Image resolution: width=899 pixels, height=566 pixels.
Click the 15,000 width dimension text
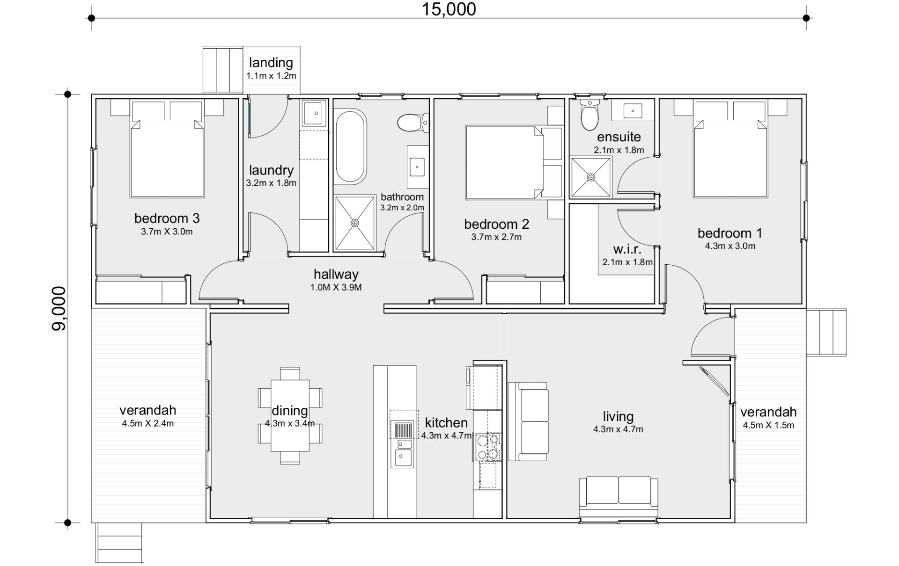tap(449, 9)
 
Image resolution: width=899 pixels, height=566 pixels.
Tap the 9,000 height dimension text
tap(59, 308)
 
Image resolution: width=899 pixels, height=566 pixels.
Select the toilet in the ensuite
tap(589, 115)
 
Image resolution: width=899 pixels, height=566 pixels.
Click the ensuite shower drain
tap(591, 177)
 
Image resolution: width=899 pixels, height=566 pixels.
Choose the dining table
tap(290, 415)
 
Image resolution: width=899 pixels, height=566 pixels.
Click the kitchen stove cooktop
tap(488, 446)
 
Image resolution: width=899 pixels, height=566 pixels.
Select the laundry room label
tap(271, 170)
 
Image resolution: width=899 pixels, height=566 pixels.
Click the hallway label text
tap(336, 274)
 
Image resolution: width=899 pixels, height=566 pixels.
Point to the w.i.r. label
tap(627, 249)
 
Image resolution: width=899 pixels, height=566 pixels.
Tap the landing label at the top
tap(271, 63)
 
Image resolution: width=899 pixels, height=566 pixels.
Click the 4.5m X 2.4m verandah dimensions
tap(148, 424)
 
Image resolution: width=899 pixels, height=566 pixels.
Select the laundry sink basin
tap(314, 113)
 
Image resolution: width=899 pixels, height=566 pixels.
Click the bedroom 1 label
tap(730, 233)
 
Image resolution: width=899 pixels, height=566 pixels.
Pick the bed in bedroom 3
tap(167, 158)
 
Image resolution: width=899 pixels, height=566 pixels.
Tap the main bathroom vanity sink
tap(417, 166)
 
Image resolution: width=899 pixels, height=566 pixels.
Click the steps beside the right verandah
tap(826, 332)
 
